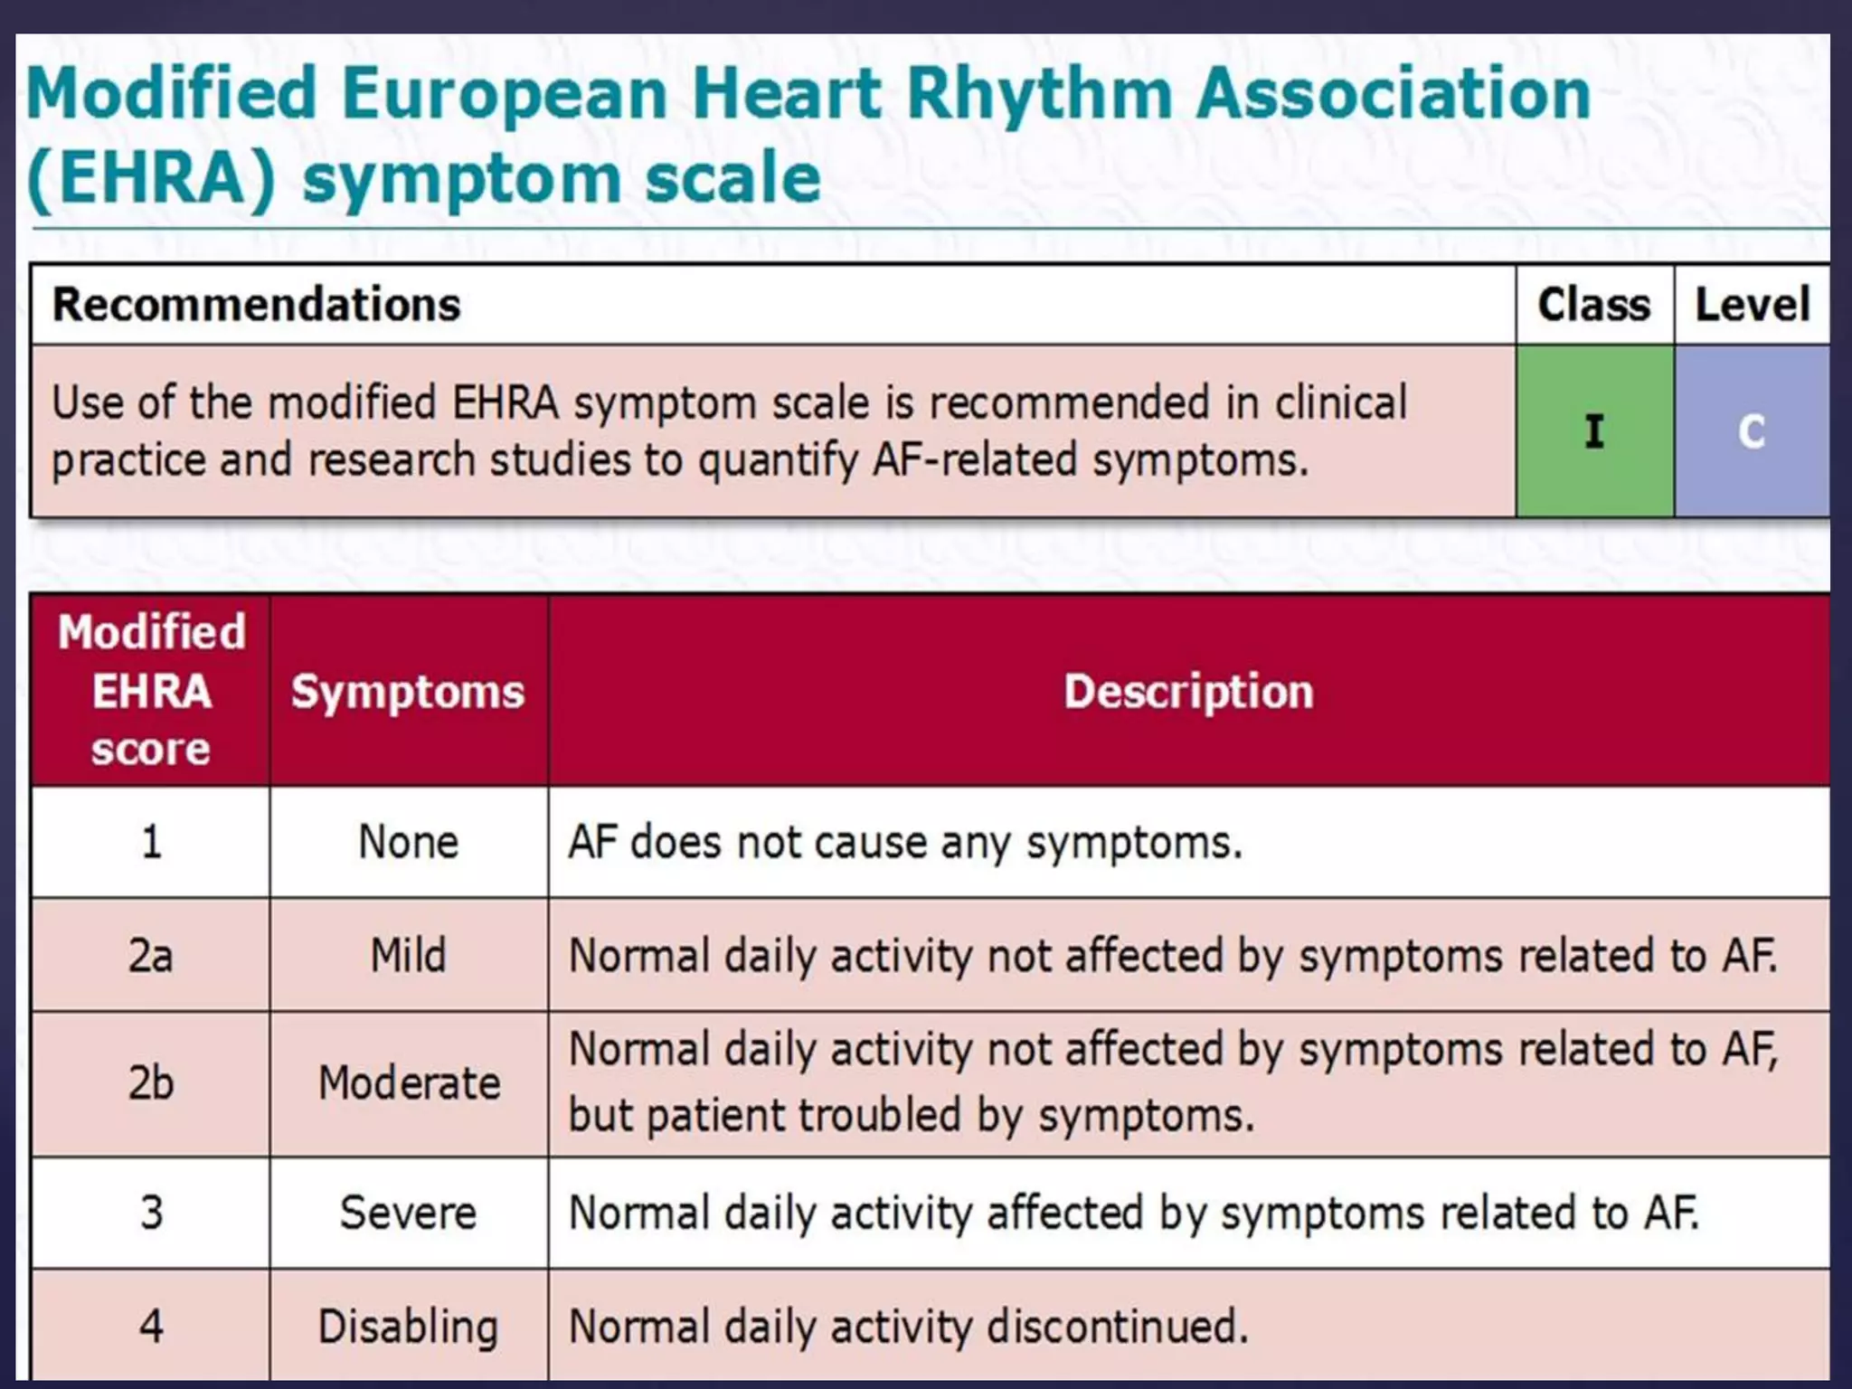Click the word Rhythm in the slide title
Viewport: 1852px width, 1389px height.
tap(1039, 94)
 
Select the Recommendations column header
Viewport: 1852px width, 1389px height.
tap(257, 305)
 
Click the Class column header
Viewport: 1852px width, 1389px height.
tap(1593, 305)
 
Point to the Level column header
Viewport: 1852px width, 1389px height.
tap(1752, 305)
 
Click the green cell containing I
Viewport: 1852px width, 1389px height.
tap(1594, 431)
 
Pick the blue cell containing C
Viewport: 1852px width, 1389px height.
tap(1752, 431)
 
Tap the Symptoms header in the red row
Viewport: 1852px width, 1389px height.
tap(408, 692)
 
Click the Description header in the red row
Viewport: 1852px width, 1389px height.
tap(1188, 692)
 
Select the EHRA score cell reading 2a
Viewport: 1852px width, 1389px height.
tap(151, 956)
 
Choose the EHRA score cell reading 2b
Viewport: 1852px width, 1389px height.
tap(151, 1083)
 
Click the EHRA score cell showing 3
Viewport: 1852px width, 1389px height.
tap(151, 1213)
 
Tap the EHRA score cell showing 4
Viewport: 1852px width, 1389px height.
tap(151, 1327)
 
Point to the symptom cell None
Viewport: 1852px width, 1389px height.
tap(409, 842)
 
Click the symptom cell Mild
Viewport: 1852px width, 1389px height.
tap(409, 956)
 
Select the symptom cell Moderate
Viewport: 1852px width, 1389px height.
tap(409, 1083)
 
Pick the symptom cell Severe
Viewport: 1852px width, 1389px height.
tap(409, 1213)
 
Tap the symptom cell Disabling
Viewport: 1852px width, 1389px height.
tap(409, 1327)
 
